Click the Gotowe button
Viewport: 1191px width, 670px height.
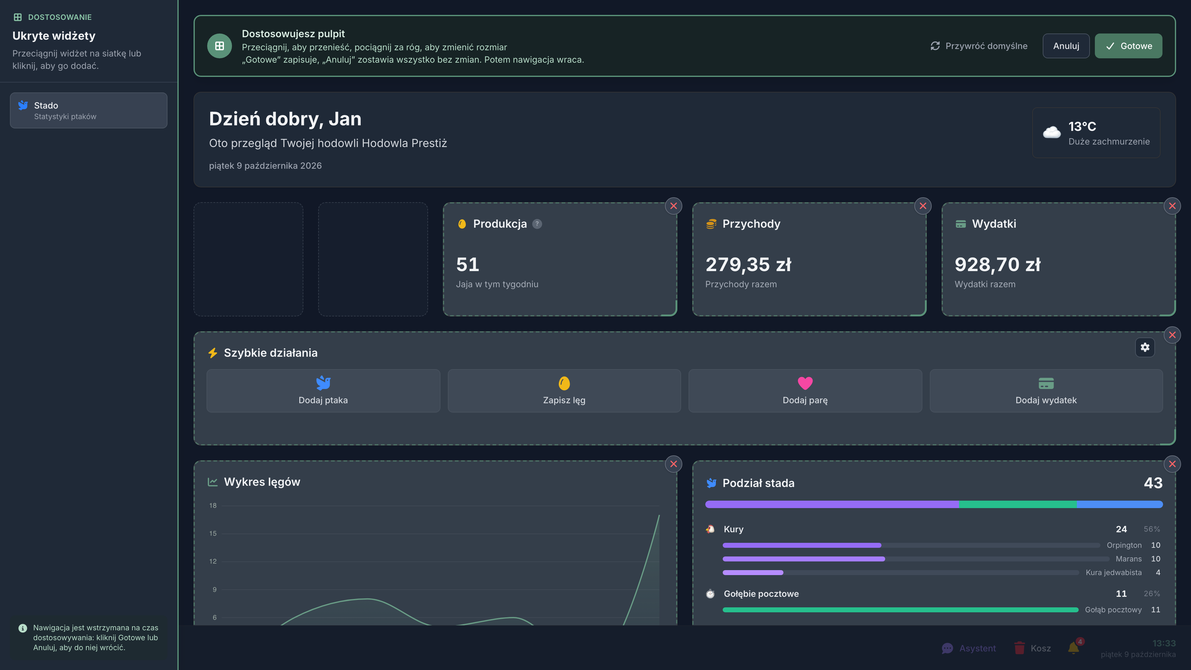pos(1128,46)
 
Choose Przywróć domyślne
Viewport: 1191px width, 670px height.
pos(979,46)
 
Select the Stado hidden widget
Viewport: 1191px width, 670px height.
pos(89,110)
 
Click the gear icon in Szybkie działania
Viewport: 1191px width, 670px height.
pos(1145,347)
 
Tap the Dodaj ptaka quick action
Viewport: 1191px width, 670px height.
pos(323,391)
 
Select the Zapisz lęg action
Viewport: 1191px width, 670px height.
pos(564,391)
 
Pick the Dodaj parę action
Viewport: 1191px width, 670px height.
pos(805,391)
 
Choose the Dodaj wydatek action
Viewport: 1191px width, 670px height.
pos(1046,391)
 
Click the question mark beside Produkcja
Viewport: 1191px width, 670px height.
pos(537,224)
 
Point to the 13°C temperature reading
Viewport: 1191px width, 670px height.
pos(1082,126)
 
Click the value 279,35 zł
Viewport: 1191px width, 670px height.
pos(748,265)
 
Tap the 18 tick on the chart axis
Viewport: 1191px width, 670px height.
pos(213,505)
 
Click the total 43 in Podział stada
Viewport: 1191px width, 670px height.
pos(1153,483)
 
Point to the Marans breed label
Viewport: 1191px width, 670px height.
pos(1129,559)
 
